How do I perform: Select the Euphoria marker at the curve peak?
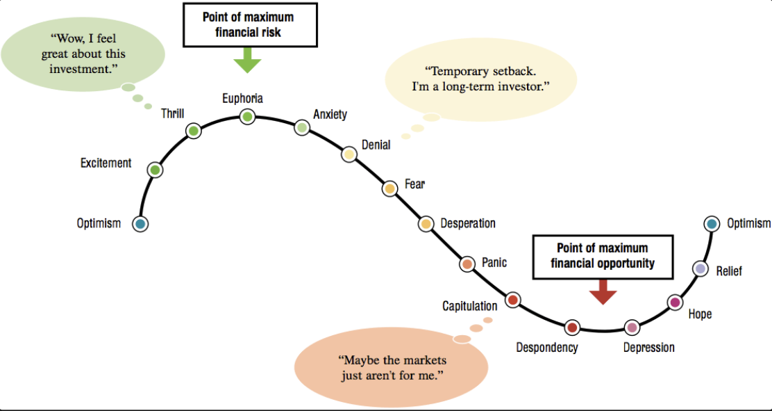pos(248,117)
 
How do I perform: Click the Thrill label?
pos(172,113)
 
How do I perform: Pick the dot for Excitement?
pos(156,170)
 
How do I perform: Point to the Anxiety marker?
pos(302,127)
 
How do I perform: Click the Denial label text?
pos(376,145)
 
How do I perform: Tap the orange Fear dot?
pos(390,188)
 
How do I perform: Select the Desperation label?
pos(468,223)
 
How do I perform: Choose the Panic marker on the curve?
pos(468,264)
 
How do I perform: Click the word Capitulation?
pos(470,306)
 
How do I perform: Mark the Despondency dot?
pos(572,327)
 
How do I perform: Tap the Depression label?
pos(648,348)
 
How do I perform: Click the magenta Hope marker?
pos(674,302)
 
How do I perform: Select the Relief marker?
pos(700,268)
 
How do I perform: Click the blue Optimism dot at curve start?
pos(140,224)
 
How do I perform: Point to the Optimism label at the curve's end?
pos(748,223)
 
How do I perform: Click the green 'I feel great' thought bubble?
pos(83,54)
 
